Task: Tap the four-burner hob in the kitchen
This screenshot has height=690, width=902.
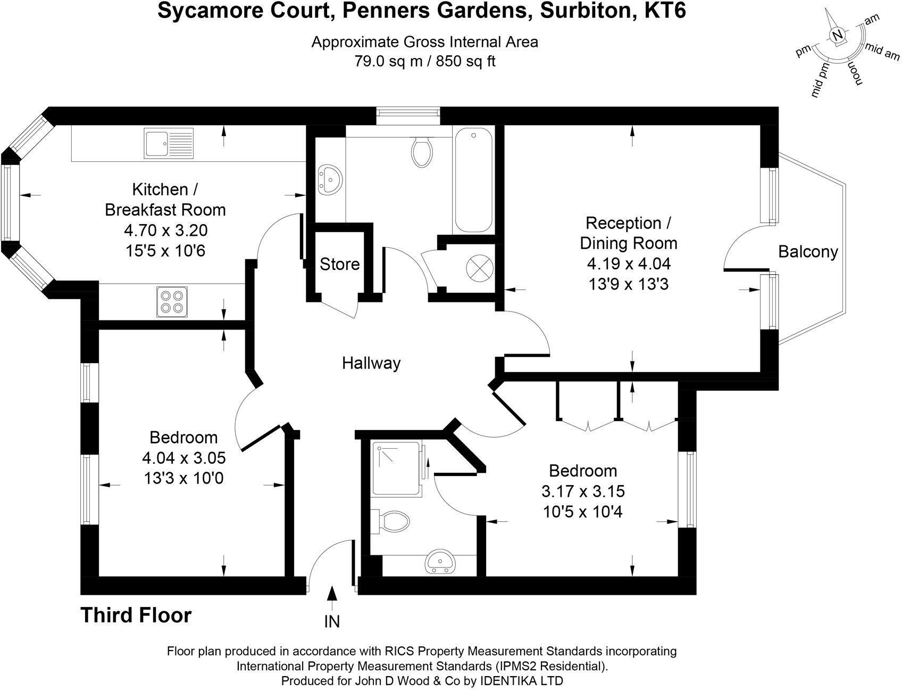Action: [x=172, y=302]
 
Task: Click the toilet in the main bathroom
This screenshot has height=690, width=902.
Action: [x=422, y=149]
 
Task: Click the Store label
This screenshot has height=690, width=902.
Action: [x=339, y=264]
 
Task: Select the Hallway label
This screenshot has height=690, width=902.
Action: [x=371, y=363]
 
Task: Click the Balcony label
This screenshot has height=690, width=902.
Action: [x=808, y=251]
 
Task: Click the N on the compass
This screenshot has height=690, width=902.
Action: [x=837, y=36]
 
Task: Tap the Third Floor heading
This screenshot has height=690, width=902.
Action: [x=136, y=615]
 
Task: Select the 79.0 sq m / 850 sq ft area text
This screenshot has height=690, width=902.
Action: [x=424, y=61]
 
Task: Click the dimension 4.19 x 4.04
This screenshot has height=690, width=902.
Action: [x=628, y=264]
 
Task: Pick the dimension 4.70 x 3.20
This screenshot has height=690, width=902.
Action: [x=165, y=230]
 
